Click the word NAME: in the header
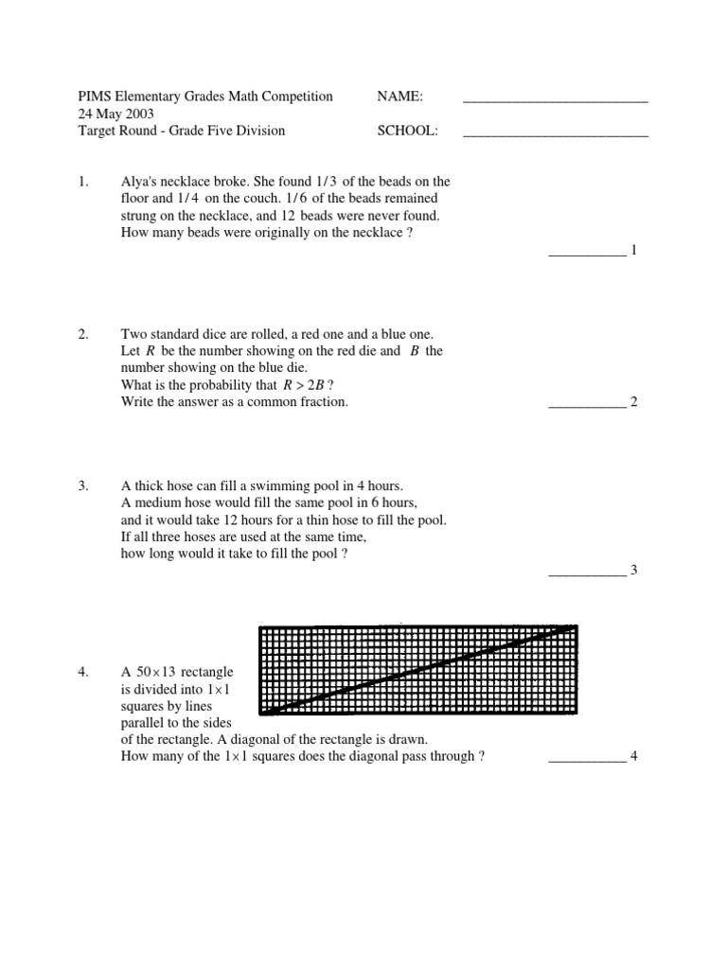(399, 96)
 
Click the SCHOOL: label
(408, 131)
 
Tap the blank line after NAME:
(555, 99)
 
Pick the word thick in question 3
(148, 485)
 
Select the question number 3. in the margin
(83, 485)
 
